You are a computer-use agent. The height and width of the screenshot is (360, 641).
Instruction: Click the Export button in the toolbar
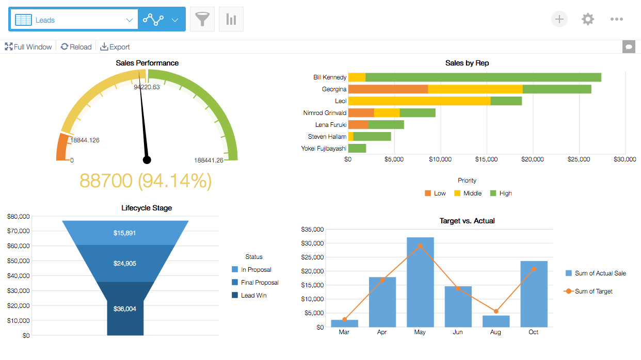tap(115, 47)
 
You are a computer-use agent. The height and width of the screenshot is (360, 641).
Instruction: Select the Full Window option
tap(28, 47)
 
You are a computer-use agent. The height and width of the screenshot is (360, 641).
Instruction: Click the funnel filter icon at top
tap(202, 20)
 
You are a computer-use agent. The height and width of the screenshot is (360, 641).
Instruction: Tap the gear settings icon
tap(587, 20)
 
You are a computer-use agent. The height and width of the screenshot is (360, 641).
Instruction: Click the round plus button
tap(559, 20)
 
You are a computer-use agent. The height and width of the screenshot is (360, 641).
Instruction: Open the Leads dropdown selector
tap(73, 20)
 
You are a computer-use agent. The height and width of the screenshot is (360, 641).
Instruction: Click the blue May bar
tap(420, 282)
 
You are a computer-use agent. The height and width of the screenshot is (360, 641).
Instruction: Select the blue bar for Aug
tap(495, 321)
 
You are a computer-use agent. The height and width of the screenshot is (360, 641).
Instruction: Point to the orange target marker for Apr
tap(382, 280)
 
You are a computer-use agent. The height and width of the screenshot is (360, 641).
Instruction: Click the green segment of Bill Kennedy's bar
tap(483, 77)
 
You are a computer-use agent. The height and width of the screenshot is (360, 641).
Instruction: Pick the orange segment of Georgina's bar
tap(388, 89)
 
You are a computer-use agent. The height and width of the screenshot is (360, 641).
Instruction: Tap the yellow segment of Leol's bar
tap(419, 101)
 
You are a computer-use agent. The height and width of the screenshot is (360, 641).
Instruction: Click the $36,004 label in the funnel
tap(125, 309)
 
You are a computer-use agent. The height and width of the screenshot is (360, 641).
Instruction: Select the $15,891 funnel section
tap(125, 233)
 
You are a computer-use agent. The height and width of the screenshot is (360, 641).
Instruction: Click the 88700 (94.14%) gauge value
tap(146, 181)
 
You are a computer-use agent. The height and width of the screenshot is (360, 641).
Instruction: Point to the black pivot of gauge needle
tap(147, 160)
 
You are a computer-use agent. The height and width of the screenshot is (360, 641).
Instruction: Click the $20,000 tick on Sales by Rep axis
tap(532, 159)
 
